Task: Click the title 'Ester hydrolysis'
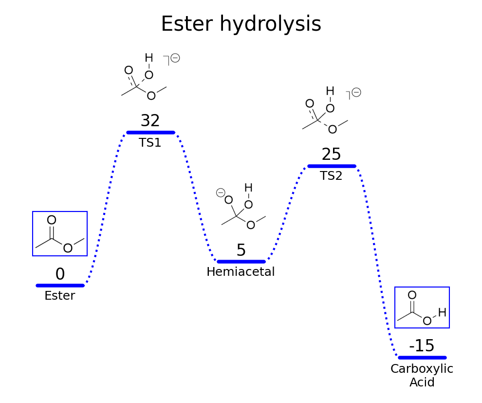(x=241, y=24)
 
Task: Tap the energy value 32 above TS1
(x=150, y=121)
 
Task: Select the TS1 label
(x=150, y=143)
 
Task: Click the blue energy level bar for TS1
(x=150, y=133)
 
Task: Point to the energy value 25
(x=331, y=154)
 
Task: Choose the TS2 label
(x=331, y=176)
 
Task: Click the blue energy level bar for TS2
(x=332, y=166)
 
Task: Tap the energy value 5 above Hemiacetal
(x=241, y=250)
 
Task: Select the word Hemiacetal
(x=241, y=272)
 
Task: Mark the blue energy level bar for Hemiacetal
(x=241, y=262)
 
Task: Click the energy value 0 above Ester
(x=60, y=274)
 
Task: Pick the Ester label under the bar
(x=60, y=296)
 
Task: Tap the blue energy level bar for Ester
(x=60, y=286)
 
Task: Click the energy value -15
(x=422, y=346)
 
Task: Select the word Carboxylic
(x=422, y=369)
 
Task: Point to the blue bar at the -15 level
(x=422, y=358)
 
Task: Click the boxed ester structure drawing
(x=60, y=234)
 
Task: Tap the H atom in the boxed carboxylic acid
(x=442, y=313)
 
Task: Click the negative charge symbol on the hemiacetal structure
(x=220, y=192)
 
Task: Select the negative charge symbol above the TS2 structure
(x=356, y=92)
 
